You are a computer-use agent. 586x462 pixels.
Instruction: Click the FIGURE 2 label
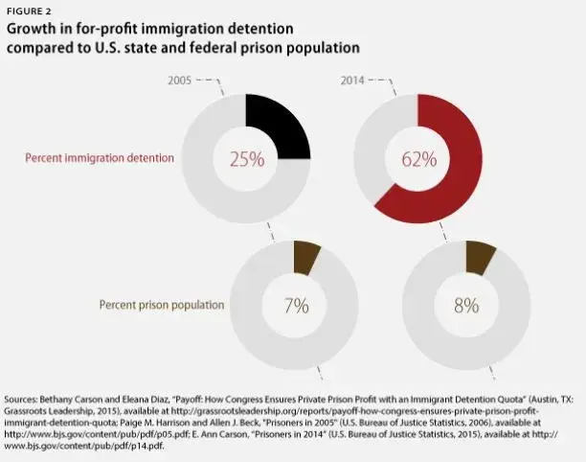click(32, 12)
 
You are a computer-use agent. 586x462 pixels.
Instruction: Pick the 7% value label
click(295, 306)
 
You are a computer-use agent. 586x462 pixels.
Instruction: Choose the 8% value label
click(466, 306)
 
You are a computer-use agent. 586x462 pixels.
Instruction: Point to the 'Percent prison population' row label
click(161, 305)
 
